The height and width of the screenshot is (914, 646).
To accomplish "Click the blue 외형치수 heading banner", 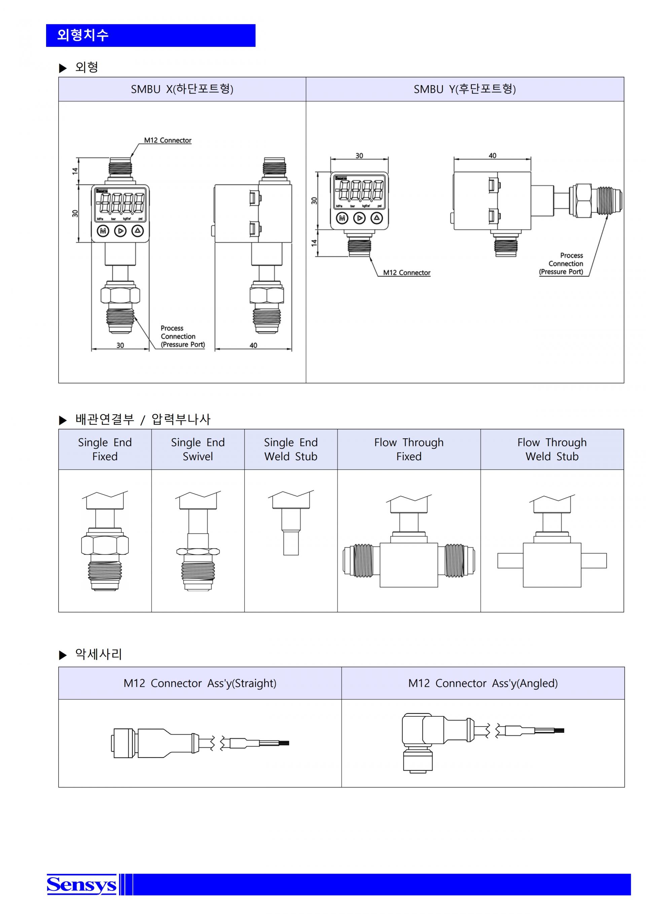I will [150, 35].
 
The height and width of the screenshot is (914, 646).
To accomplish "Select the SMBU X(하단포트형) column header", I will [182, 89].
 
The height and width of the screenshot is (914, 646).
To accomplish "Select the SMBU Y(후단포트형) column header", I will [465, 89].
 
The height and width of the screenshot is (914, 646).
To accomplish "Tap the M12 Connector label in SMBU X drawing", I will [168, 140].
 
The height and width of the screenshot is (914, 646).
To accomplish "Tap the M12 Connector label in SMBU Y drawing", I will [406, 273].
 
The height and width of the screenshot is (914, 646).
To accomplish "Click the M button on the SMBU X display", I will [103, 231].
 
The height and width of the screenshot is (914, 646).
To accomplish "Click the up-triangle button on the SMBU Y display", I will [377, 218].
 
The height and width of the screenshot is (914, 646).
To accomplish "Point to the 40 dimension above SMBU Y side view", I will [493, 156].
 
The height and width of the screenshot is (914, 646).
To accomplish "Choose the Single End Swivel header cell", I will [198, 449].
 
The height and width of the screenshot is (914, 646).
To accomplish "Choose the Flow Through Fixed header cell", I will [408, 449].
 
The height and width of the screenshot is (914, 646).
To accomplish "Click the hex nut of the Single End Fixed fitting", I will [105, 545].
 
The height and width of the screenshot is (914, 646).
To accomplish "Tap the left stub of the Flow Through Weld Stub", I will [510, 561].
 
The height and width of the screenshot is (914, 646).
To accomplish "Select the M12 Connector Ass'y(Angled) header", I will [482, 683].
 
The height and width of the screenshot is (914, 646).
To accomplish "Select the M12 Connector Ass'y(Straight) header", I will [200, 683].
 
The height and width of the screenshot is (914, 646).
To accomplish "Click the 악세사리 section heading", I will [98, 654].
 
